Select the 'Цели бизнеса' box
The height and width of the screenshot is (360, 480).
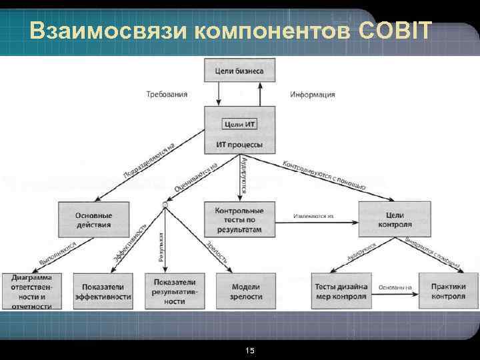tap(239, 71)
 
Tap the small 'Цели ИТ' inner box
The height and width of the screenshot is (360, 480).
tap(239, 124)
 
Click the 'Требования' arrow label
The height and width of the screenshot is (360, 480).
tap(167, 95)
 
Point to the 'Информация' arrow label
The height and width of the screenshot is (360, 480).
tap(312, 95)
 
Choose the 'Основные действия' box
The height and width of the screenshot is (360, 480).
tap(93, 220)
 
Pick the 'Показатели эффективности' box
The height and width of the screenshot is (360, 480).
tap(103, 291)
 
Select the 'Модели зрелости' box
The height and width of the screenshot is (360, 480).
tap(247, 291)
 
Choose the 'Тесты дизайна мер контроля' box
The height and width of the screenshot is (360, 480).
tap(341, 291)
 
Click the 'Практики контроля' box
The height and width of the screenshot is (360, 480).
tap(443, 291)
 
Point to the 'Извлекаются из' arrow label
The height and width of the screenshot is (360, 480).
tap(311, 216)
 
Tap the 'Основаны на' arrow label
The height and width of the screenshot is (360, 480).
tap(395, 287)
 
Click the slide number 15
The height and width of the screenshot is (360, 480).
tap(250, 351)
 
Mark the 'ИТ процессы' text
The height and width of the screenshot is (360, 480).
tap(239, 145)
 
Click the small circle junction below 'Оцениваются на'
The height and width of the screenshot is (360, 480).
tap(164, 203)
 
